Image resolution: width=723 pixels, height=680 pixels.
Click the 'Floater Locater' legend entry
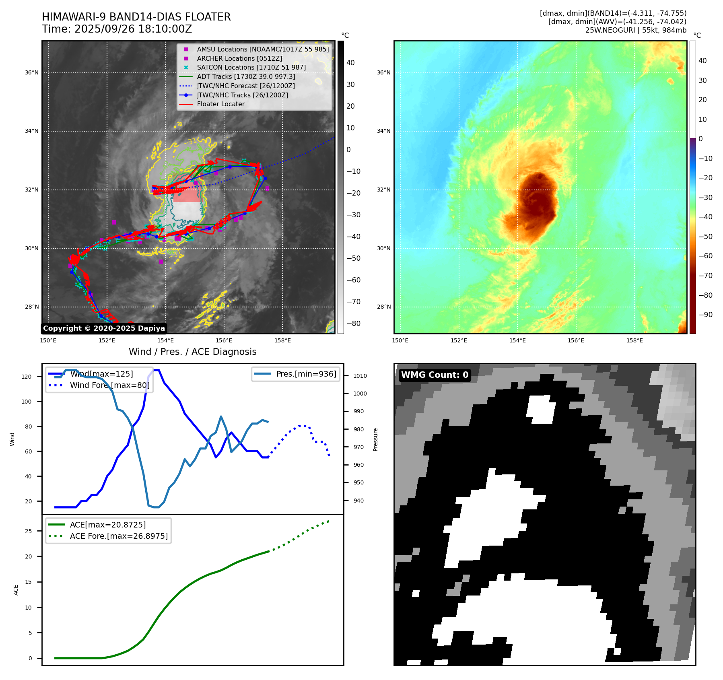(220, 104)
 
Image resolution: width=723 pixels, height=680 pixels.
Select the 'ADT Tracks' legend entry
(246, 76)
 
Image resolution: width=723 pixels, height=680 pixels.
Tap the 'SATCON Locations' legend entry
(251, 68)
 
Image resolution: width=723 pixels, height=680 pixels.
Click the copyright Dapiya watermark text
(104, 328)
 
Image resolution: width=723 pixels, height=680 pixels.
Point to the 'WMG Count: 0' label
(435, 375)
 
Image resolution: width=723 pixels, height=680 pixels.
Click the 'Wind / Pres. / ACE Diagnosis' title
(192, 352)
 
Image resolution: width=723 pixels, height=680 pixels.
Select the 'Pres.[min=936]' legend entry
(306, 374)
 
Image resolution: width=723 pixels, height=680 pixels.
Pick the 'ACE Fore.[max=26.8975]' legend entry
(119, 536)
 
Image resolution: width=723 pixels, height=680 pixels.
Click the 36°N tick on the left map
(32, 73)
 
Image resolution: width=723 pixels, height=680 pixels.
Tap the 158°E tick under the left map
(282, 341)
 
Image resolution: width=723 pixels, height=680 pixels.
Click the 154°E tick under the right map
(517, 341)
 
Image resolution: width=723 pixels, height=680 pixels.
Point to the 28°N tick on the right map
(383, 307)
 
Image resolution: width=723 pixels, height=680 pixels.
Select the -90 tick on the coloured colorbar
(705, 315)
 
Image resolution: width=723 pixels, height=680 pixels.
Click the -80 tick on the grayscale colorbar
(354, 324)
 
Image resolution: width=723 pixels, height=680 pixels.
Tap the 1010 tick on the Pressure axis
(360, 376)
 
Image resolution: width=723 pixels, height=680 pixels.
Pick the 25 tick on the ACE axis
(28, 531)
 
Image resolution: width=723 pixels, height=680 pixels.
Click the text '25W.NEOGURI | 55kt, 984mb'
(636, 30)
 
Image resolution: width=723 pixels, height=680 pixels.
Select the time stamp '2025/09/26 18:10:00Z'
(133, 29)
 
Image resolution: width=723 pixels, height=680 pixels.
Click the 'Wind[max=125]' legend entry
(101, 374)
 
